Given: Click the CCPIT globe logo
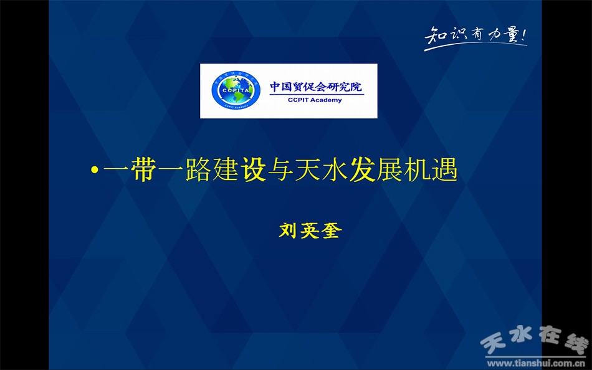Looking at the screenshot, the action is pyautogui.click(x=236, y=90).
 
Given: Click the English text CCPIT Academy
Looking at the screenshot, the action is pyautogui.click(x=315, y=100).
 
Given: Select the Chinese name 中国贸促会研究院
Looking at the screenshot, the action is pyautogui.click(x=316, y=87).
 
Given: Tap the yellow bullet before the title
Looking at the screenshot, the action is pyautogui.click(x=95, y=170).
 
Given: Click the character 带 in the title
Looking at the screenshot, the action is pyautogui.click(x=143, y=169).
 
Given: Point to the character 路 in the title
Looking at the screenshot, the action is pyautogui.click(x=198, y=169).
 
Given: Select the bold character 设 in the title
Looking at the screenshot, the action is pyautogui.click(x=253, y=169).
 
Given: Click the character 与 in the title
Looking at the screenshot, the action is pyautogui.click(x=280, y=169).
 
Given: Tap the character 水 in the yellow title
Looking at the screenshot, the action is pyautogui.click(x=335, y=169).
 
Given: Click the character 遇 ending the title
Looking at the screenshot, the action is pyautogui.click(x=445, y=169).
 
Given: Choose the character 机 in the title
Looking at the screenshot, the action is pyautogui.click(x=417, y=169).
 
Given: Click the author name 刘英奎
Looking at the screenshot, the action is pyautogui.click(x=310, y=230).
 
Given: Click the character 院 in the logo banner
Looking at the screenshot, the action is pyautogui.click(x=356, y=87).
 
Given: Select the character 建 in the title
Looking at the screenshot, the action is pyautogui.click(x=226, y=169).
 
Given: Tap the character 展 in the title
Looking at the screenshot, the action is pyautogui.click(x=390, y=169).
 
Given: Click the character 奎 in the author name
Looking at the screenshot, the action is pyautogui.click(x=332, y=230).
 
